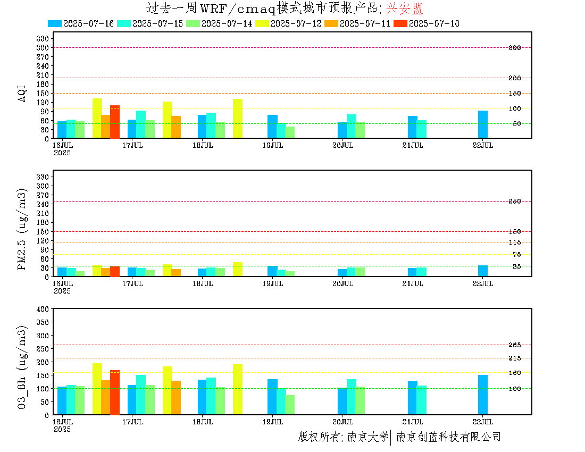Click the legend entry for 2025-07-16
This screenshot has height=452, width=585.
tap(81, 23)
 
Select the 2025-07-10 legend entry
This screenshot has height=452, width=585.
tap(427, 23)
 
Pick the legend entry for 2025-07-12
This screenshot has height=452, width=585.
tap(288, 23)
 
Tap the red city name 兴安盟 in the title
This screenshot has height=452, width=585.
tap(404, 8)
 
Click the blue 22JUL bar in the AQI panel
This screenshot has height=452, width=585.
tap(483, 124)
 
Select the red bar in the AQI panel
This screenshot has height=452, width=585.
tap(114, 122)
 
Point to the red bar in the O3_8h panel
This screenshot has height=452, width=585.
tap(114, 392)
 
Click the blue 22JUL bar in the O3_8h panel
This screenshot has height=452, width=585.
tap(483, 395)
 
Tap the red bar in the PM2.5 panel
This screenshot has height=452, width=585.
tap(114, 272)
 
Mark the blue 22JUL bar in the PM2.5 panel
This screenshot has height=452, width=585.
tap(483, 271)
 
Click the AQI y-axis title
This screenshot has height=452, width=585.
tap(22, 94)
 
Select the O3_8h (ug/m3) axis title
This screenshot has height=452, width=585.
tap(22, 368)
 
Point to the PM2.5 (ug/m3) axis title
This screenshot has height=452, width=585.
tap(22, 229)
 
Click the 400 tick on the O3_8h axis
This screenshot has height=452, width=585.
tap(43, 309)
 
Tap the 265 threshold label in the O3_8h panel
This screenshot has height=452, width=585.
tap(515, 345)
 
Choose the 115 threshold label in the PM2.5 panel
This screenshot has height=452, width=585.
tap(515, 242)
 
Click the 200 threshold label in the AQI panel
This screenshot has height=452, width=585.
tap(515, 78)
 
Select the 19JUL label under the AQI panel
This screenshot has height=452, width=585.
tap(273, 146)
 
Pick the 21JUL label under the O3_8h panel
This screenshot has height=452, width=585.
tap(413, 422)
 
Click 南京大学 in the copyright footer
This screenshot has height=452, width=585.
tap(368, 437)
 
